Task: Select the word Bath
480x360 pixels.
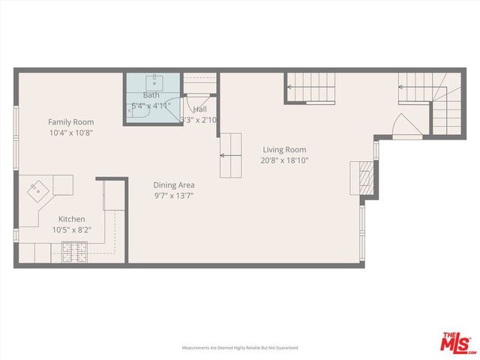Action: point(151,95)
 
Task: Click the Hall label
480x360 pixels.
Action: point(200,109)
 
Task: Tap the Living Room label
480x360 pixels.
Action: point(284,149)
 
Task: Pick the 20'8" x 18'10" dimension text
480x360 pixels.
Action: point(284,160)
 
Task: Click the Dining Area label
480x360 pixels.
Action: point(175,185)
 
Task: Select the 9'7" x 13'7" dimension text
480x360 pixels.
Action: point(175,196)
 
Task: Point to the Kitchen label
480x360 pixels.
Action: point(72,219)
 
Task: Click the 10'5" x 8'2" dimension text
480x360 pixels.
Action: point(72,230)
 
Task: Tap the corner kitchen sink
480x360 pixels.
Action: point(35,191)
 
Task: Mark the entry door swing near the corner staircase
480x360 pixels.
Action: point(402,125)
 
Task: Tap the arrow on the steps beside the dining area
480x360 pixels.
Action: point(224,156)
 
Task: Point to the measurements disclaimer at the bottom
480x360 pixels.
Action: point(239,348)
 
